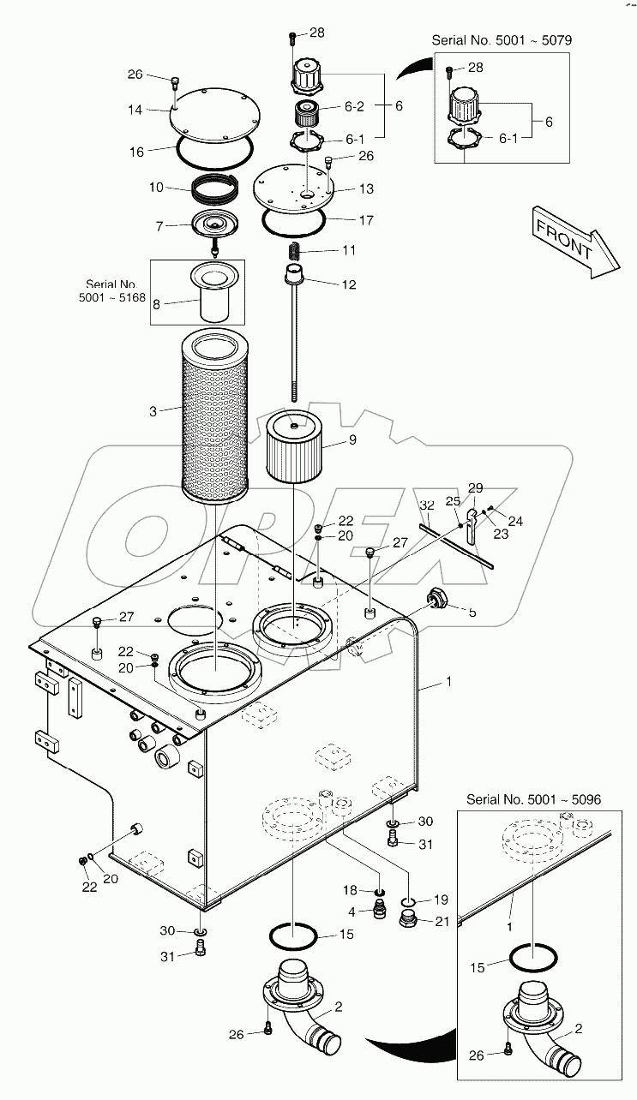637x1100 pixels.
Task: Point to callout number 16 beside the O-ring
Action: click(x=136, y=152)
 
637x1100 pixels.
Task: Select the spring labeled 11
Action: click(x=293, y=252)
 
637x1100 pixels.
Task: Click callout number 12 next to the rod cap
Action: click(x=349, y=284)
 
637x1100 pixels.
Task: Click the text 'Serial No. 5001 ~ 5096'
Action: click(x=532, y=798)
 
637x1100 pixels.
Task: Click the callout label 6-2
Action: click(x=354, y=107)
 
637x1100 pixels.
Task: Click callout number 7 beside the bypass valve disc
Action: click(x=159, y=227)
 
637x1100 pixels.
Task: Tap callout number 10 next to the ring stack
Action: click(x=155, y=187)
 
